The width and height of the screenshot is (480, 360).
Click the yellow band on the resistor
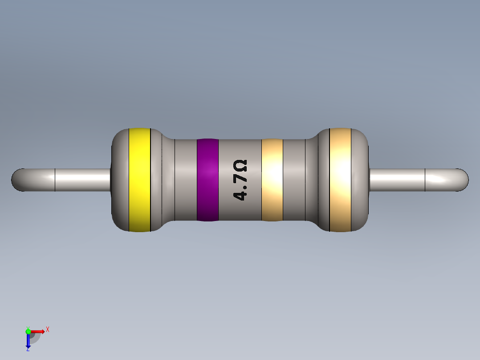(x=139, y=180)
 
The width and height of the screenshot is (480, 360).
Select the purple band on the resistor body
(x=207, y=180)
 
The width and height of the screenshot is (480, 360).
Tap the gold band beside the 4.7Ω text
(x=272, y=180)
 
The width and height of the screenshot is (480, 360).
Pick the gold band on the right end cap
(x=340, y=180)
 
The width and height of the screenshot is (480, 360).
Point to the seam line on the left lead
(x=55, y=180)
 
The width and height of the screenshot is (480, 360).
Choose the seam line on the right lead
(x=425, y=180)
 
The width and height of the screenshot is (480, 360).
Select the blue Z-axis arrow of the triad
(x=28, y=342)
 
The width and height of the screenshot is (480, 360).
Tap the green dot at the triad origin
(x=28, y=331)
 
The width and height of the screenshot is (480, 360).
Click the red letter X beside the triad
(x=47, y=330)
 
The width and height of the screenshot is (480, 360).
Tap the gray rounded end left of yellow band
(x=120, y=180)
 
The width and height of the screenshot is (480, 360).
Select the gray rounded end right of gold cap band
(x=360, y=180)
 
